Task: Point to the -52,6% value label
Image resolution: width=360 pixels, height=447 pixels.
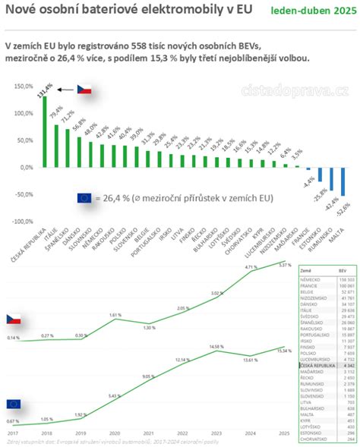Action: click(343, 203)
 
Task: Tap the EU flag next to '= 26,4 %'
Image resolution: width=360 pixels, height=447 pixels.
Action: click(84, 198)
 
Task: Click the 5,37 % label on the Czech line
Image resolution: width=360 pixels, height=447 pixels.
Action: click(283, 266)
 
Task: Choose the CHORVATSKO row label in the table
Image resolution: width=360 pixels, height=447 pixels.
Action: click(314, 439)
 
